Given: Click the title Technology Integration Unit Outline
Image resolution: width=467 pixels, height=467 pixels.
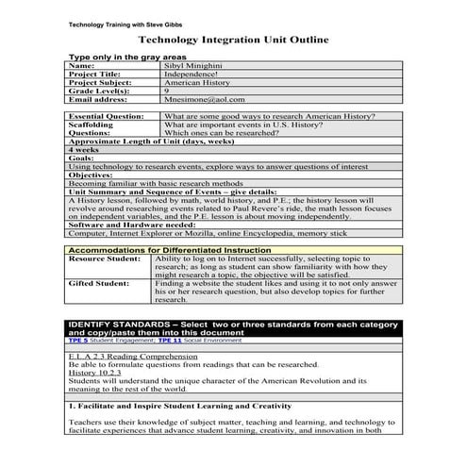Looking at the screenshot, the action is pyautogui.click(x=233, y=41).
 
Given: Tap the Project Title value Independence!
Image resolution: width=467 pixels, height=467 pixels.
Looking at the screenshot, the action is pyautogui.click(x=192, y=74).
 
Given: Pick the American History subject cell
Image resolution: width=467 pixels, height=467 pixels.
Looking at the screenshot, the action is pyautogui.click(x=197, y=82).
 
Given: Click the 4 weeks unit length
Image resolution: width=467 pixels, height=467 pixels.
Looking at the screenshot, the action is pyautogui.click(x=84, y=150).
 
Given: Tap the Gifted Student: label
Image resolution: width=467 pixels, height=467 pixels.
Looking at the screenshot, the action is pyautogui.click(x=99, y=282).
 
